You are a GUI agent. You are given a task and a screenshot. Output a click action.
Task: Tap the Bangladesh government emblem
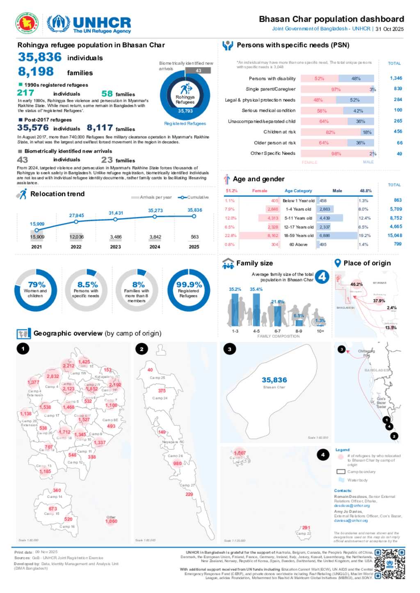pyautogui.click(x=27, y=23)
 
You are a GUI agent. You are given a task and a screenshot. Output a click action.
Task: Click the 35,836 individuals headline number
pyautogui.click(x=40, y=57)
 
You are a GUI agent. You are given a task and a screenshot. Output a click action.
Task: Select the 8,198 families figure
pyautogui.click(x=36, y=72)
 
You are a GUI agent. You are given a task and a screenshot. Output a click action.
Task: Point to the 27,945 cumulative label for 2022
pyautogui.click(x=76, y=215)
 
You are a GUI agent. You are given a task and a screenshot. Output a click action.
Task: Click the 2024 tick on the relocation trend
pyautogui.click(x=155, y=247)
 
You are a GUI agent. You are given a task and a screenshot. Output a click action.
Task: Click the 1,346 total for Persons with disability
pyautogui.click(x=396, y=78)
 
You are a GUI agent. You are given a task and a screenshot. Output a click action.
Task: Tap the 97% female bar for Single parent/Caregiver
pyautogui.click(x=336, y=89)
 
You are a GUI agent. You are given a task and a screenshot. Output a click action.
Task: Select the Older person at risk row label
pyautogui.click(x=274, y=143)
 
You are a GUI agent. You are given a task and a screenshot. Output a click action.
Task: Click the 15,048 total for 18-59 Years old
pyautogui.click(x=395, y=235)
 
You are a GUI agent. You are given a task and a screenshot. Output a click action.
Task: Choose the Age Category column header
pyautogui.click(x=298, y=191)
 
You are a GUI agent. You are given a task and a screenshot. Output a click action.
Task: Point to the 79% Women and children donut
pyautogui.click(x=36, y=290)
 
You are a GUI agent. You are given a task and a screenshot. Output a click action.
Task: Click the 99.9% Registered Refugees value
pyautogui.click(x=189, y=285)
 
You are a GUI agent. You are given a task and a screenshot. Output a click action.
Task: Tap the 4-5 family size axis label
pyautogui.click(x=256, y=331)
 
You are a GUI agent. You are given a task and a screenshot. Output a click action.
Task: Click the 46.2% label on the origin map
pyautogui.click(x=356, y=284)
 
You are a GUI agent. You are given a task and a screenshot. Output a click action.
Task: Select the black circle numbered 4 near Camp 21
pyautogui.click(x=323, y=455)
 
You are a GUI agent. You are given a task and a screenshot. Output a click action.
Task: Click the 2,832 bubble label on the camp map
pyautogui.click(x=52, y=376)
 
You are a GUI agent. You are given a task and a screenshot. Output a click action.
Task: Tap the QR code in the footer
pyautogui.click(x=390, y=564)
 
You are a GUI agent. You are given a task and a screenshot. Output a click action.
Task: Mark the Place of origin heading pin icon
pyautogui.click(x=338, y=263)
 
